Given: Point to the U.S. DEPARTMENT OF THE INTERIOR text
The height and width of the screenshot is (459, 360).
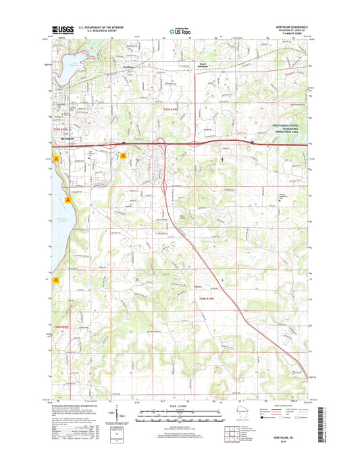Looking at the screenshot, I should click(102, 27).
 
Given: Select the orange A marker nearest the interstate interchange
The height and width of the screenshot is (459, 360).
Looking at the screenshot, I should click(123, 156).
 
